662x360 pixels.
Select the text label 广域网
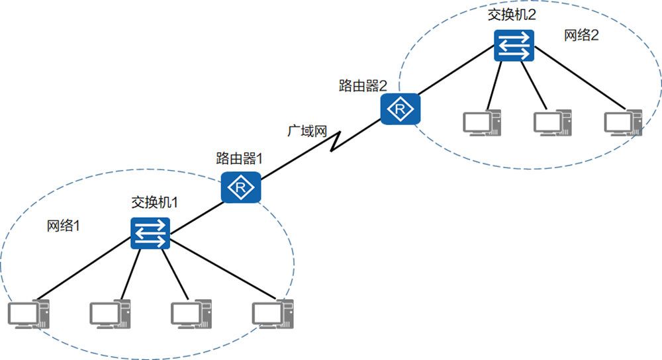[307, 130]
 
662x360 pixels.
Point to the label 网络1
[64, 225]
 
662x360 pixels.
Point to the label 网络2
[581, 35]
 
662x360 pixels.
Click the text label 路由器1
[240, 158]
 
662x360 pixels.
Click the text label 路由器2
[363, 85]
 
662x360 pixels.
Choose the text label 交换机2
[511, 15]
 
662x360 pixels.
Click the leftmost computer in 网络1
[29, 314]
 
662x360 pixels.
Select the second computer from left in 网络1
[111, 314]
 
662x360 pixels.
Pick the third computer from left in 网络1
[191, 314]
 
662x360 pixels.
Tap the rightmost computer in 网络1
[272, 314]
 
